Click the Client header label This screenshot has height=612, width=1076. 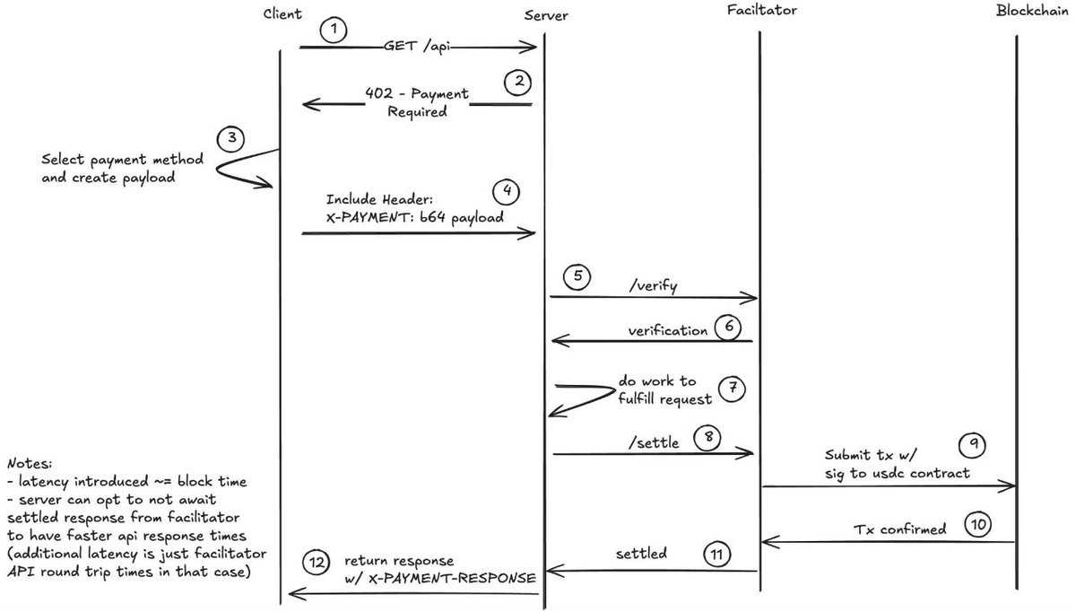(x=283, y=14)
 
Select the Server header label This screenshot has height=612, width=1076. (x=546, y=16)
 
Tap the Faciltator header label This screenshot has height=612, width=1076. (x=762, y=12)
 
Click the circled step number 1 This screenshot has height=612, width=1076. (x=334, y=30)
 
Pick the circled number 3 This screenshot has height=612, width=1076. (x=231, y=140)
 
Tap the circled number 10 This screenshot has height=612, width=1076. (x=978, y=525)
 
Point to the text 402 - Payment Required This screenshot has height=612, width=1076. (x=416, y=102)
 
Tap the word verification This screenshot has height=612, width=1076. (x=668, y=330)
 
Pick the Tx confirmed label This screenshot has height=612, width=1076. (x=898, y=529)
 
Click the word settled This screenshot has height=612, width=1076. (x=642, y=554)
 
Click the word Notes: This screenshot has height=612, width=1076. (x=30, y=464)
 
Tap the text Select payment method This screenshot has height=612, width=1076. (x=123, y=160)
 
